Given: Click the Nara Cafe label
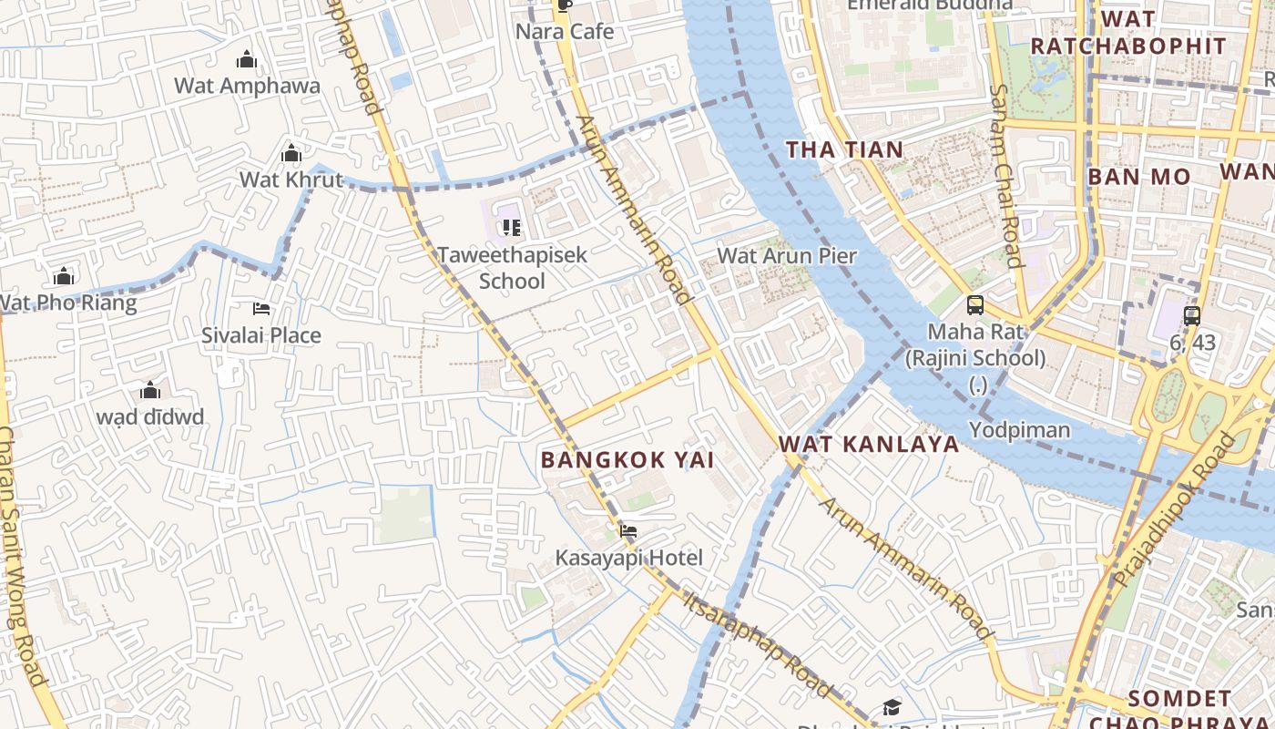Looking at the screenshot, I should [x=565, y=32].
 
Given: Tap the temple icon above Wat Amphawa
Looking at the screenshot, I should [x=246, y=61].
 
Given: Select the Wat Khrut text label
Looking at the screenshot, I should [x=291, y=180].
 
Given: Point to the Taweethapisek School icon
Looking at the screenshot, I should [x=511, y=227].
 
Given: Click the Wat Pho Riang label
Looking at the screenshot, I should [x=68, y=303].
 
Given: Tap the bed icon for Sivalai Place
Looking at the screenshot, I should [x=261, y=309].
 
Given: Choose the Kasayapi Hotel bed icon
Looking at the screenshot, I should [x=627, y=530].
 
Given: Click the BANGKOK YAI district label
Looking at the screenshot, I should [x=627, y=460].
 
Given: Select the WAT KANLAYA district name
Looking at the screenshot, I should [x=869, y=445].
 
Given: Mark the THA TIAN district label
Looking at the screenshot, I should [x=844, y=150].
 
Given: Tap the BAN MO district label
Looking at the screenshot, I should [x=1138, y=177].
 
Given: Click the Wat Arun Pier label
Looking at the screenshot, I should [x=787, y=256].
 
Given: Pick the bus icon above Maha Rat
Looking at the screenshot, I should [x=974, y=305].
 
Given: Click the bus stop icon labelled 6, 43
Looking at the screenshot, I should [x=1191, y=316].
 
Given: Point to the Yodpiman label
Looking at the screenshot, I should [x=1019, y=429].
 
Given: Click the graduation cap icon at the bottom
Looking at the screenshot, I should [x=891, y=708].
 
